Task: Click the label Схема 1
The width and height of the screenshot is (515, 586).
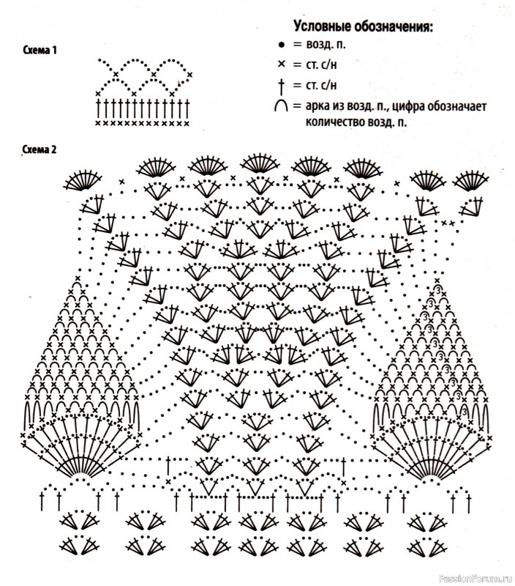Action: (40, 50)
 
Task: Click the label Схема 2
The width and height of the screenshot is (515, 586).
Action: (40, 149)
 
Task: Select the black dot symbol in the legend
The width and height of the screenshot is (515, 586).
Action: (282, 45)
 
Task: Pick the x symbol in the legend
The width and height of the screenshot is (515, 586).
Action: (282, 64)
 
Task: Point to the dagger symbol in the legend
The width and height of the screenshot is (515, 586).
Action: (282, 86)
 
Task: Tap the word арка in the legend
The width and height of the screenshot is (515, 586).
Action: (317, 106)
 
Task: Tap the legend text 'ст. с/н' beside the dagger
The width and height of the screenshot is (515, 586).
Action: (321, 86)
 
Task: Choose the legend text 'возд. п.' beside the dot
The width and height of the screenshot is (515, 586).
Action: (326, 45)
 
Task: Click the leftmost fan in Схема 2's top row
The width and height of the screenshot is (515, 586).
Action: (82, 180)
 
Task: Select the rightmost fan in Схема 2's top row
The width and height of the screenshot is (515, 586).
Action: (470, 180)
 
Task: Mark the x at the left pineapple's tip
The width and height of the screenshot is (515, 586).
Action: (78, 278)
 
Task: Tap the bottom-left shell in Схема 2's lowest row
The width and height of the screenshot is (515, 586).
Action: (79, 546)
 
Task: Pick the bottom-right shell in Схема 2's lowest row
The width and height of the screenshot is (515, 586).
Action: (427, 546)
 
